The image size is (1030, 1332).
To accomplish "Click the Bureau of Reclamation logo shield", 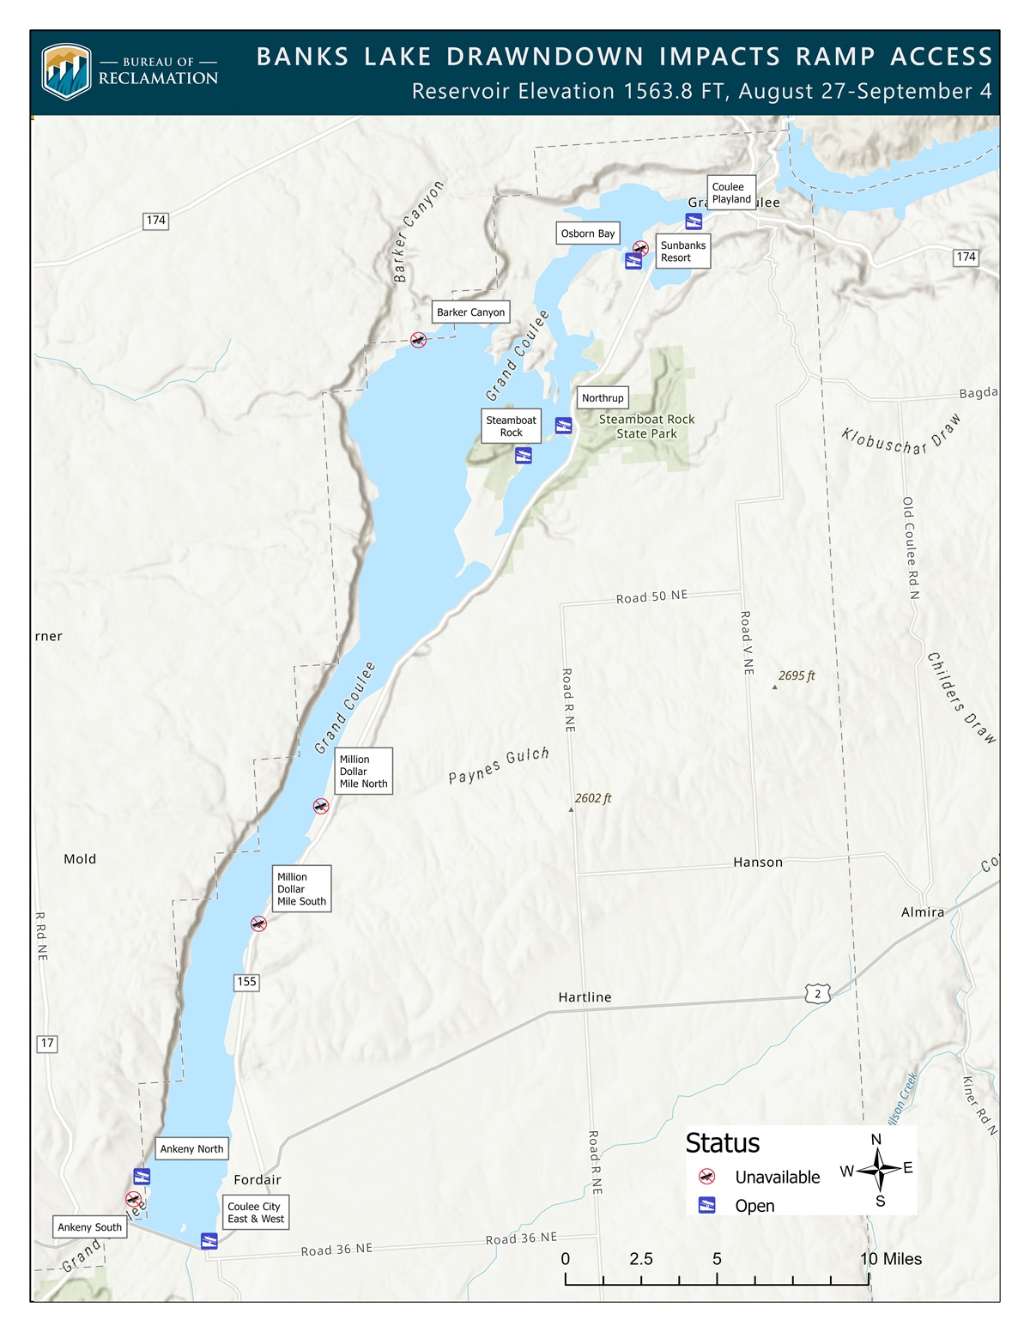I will coord(66,72).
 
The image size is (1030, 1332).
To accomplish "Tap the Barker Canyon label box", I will coord(470,312).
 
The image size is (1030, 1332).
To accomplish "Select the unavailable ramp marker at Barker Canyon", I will coord(418,340).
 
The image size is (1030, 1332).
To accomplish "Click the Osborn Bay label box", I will coord(588,233).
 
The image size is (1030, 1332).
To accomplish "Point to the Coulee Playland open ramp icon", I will coord(694,222).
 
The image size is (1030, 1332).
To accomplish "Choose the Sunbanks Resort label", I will coord(683,251).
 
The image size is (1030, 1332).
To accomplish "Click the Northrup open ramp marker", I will coord(563,426).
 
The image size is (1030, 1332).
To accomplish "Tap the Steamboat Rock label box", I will coord(512,426).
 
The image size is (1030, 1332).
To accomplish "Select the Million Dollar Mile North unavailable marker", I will coord(320,806).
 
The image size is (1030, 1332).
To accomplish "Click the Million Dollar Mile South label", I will coord(301,889).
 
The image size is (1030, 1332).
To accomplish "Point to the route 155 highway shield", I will coord(246,982).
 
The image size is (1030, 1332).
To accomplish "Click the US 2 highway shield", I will coord(817,994).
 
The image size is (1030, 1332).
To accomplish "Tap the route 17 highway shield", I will coord(47,1044).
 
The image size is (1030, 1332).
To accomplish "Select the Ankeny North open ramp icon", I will coord(142,1177).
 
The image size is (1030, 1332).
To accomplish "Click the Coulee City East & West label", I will coord(256,1213).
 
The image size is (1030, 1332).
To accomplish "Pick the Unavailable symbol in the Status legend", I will coord(706,1177).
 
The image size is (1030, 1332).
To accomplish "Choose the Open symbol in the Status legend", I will coord(706,1205).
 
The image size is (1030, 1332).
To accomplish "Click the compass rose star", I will coord(877,1169).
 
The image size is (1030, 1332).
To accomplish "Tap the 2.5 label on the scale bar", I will coord(640,1259).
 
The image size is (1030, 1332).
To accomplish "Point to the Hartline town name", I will coord(585,997).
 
